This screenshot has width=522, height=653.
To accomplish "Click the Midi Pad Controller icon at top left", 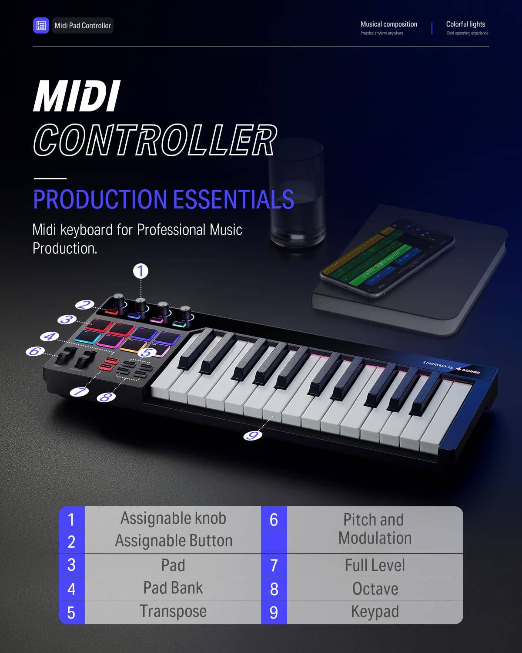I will pyautogui.click(x=41, y=25).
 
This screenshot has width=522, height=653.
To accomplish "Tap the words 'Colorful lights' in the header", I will pyautogui.click(x=465, y=24).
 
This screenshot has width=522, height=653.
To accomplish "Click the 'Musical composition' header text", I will pyautogui.click(x=389, y=24).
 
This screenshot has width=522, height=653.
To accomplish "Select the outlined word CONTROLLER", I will pyautogui.click(x=155, y=140).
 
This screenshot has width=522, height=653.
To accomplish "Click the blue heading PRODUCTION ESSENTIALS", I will pyautogui.click(x=164, y=199).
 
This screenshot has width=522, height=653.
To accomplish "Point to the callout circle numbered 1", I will pyautogui.click(x=141, y=271).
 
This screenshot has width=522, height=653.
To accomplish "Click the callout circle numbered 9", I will pyautogui.click(x=253, y=434).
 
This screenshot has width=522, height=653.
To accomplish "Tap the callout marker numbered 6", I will pyautogui.click(x=34, y=351).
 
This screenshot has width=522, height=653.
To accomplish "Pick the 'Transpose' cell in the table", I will pyautogui.click(x=173, y=611).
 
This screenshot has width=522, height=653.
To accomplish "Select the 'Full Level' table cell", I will pyautogui.click(x=375, y=565).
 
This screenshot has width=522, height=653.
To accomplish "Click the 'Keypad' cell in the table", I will pyautogui.click(x=375, y=612).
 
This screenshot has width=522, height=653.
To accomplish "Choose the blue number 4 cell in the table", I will pyautogui.click(x=72, y=589).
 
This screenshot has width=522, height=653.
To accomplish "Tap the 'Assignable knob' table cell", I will pyautogui.click(x=173, y=518).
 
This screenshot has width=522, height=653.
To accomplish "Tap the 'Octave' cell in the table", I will pyautogui.click(x=375, y=589).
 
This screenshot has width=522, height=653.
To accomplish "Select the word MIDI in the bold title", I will pyautogui.click(x=76, y=97).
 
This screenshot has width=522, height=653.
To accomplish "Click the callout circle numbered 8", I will pyautogui.click(x=105, y=397).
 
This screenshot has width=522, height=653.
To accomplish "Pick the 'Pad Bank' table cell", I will pyautogui.click(x=173, y=588).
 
